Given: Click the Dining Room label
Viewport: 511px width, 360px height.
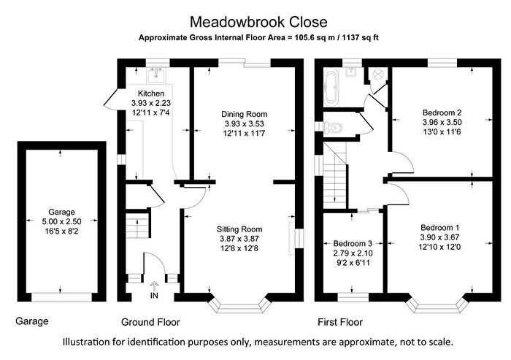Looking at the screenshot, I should pos(244,115).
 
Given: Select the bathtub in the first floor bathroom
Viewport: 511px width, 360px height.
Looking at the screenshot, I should pos(330,86).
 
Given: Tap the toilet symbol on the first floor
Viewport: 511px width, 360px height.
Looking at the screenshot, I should pos(334,127).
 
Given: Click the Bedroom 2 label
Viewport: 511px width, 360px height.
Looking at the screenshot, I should pos(438,112).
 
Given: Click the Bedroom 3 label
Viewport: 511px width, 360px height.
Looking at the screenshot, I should pos(353,243).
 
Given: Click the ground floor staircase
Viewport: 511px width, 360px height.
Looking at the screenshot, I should pos(133,221).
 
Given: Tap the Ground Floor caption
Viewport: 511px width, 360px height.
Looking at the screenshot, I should pos(150,322).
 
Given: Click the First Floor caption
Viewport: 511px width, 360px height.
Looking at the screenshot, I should pos(340,322).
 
